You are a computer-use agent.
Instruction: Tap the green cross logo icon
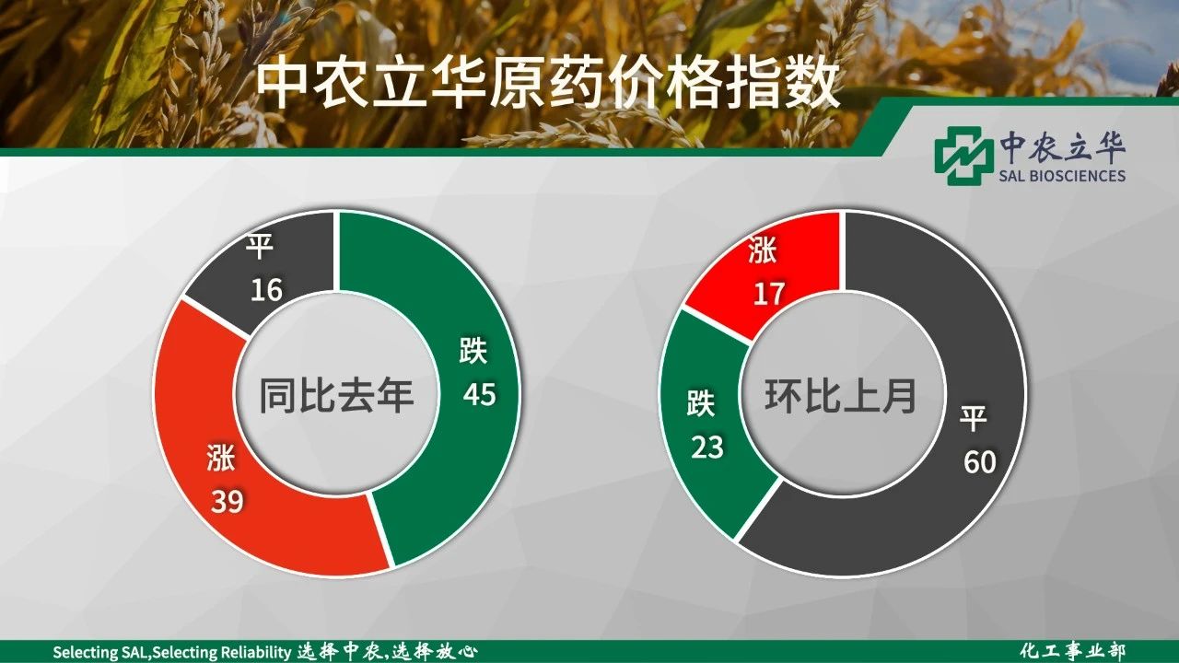tap(960, 156)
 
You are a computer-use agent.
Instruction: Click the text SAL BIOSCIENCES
tap(1062, 176)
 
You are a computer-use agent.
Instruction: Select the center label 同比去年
tap(336, 395)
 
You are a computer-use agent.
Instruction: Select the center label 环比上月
tap(841, 395)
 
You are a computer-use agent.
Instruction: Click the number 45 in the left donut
tap(480, 394)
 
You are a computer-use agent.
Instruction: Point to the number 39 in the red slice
tap(228, 501)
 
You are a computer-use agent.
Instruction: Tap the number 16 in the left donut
tap(266, 290)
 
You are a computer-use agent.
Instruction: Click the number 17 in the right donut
tap(769, 294)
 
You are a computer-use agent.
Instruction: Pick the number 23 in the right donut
tap(706, 448)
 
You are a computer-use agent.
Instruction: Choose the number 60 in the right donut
tap(980, 462)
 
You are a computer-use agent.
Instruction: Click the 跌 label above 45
tap(473, 350)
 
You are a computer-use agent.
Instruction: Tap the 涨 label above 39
tap(220, 458)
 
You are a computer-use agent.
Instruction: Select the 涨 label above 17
tap(762, 250)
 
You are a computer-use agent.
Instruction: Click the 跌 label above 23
tap(701, 403)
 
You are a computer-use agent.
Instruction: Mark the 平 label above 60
tap(973, 418)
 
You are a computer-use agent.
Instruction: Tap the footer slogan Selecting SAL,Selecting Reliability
tap(172, 653)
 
